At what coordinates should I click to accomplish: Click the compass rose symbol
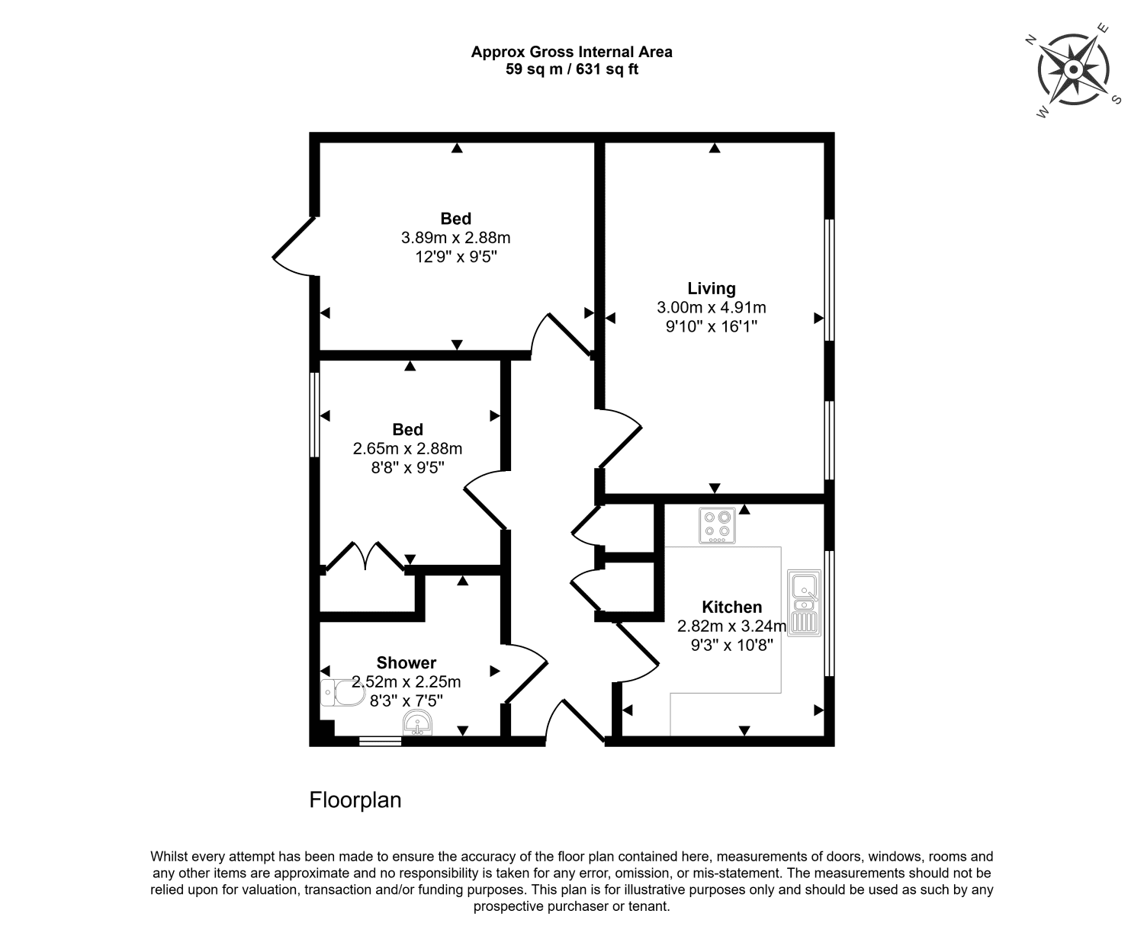(x=1073, y=70)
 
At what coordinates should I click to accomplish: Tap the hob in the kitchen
(x=718, y=525)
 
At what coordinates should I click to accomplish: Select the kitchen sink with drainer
(x=804, y=603)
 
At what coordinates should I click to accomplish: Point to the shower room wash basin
(x=418, y=723)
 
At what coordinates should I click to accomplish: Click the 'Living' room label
(x=712, y=288)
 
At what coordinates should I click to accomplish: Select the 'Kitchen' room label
(x=731, y=607)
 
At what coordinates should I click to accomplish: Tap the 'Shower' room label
(x=406, y=662)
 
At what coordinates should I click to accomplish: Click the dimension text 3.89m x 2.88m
(x=455, y=238)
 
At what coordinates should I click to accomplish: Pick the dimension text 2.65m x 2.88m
(x=407, y=449)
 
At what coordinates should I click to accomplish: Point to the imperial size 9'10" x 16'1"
(x=712, y=327)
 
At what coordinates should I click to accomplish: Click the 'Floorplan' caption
(x=355, y=800)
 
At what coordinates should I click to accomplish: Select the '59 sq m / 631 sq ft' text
(x=571, y=69)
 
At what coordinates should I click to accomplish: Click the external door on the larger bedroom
(x=294, y=245)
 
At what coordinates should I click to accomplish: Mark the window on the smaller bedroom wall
(x=313, y=415)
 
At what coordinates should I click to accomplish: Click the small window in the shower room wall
(x=380, y=740)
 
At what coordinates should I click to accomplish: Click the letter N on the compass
(x=1030, y=40)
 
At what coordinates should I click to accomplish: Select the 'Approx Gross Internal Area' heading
(x=571, y=52)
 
